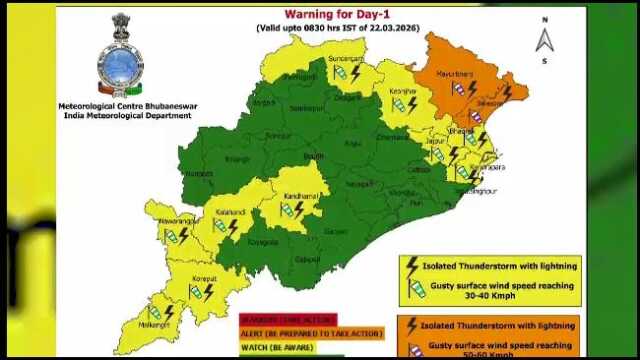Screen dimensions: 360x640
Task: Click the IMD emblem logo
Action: pos(119,57)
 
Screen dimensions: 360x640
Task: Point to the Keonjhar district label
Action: pos(403,91)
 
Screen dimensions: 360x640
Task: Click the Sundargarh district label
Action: pos(346,60)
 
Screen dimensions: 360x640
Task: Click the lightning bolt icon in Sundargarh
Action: pos(355,73)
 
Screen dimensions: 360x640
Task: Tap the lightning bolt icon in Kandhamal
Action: pos(299,208)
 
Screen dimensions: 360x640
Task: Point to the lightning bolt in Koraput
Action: pos(210,291)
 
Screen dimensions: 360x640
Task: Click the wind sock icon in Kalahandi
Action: pos(217,227)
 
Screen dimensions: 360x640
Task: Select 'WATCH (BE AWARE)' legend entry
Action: pos(276,348)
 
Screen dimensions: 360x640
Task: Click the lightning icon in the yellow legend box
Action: pos(411,266)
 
